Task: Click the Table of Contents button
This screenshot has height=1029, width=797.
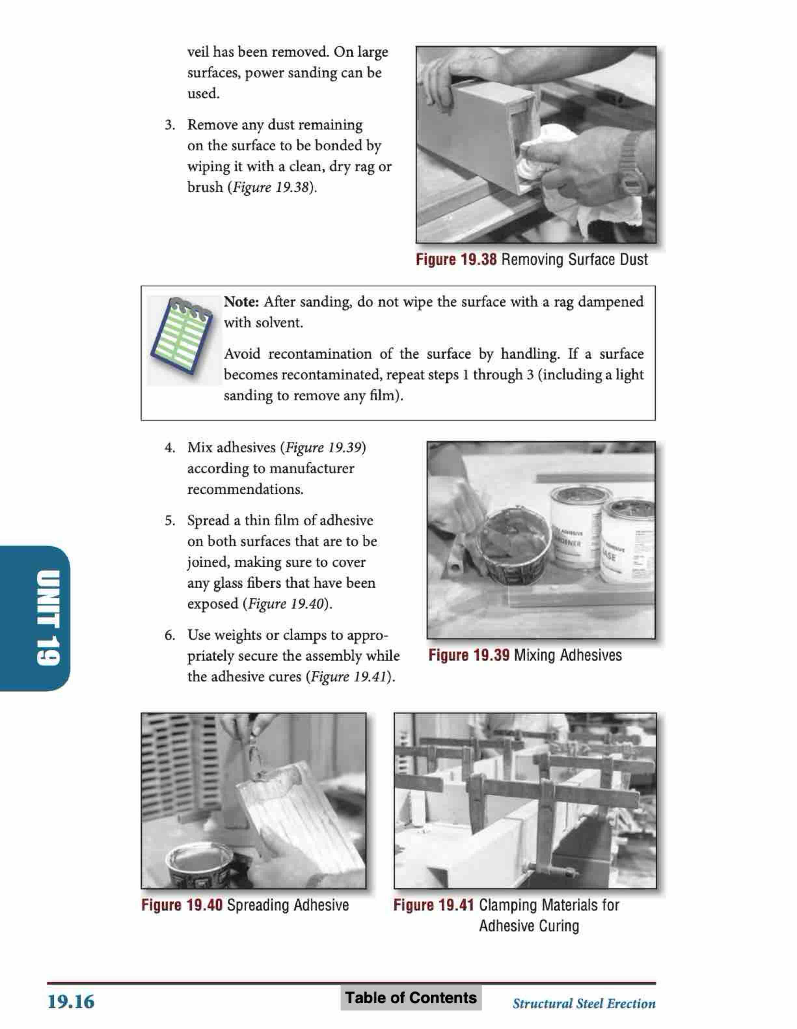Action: [x=411, y=997]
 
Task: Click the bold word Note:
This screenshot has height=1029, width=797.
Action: [x=241, y=302]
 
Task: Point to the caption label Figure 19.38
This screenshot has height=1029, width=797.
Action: [x=456, y=260]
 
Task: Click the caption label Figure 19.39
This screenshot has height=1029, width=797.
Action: [x=469, y=655]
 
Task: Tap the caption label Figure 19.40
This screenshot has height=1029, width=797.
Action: [x=182, y=905]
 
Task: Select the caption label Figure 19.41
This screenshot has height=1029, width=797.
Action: [x=433, y=905]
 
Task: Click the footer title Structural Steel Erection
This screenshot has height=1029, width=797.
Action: [x=584, y=1003]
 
